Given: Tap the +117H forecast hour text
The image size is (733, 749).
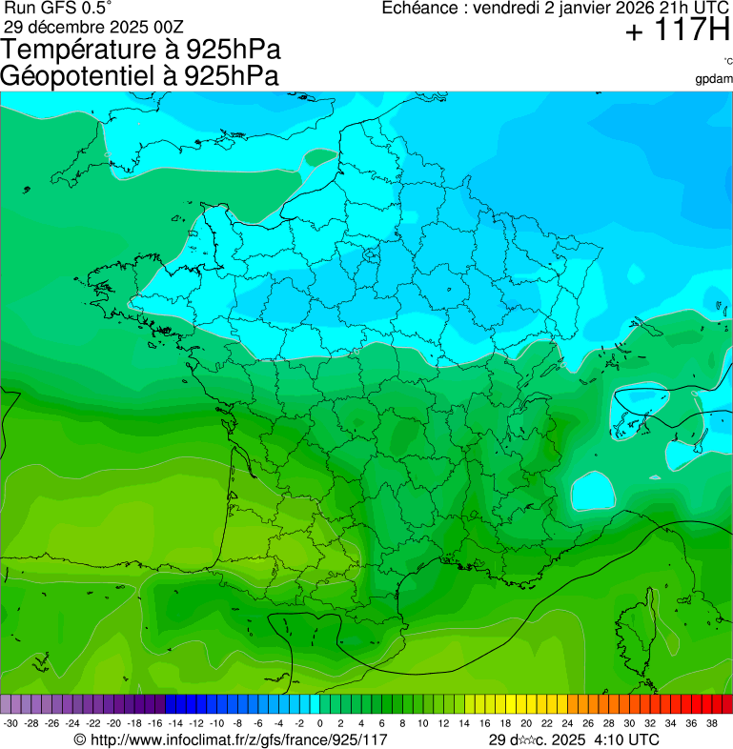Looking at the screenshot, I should coord(677,31).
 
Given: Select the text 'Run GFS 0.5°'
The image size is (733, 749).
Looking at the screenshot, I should coord(57,9).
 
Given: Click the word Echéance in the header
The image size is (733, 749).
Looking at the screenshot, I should coord(420,9).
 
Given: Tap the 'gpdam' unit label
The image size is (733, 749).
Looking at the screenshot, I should coord(714,79).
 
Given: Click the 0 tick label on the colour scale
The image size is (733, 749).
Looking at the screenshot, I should coord(319,723).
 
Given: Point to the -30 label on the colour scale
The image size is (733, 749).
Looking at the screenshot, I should coord(10,723).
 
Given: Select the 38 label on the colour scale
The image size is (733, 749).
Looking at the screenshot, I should coord(711,723).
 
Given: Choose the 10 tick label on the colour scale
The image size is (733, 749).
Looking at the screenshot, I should coord(422,723).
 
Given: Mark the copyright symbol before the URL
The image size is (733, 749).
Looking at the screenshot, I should coord(80,739).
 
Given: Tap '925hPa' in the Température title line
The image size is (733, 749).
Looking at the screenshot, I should coord(234,50).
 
